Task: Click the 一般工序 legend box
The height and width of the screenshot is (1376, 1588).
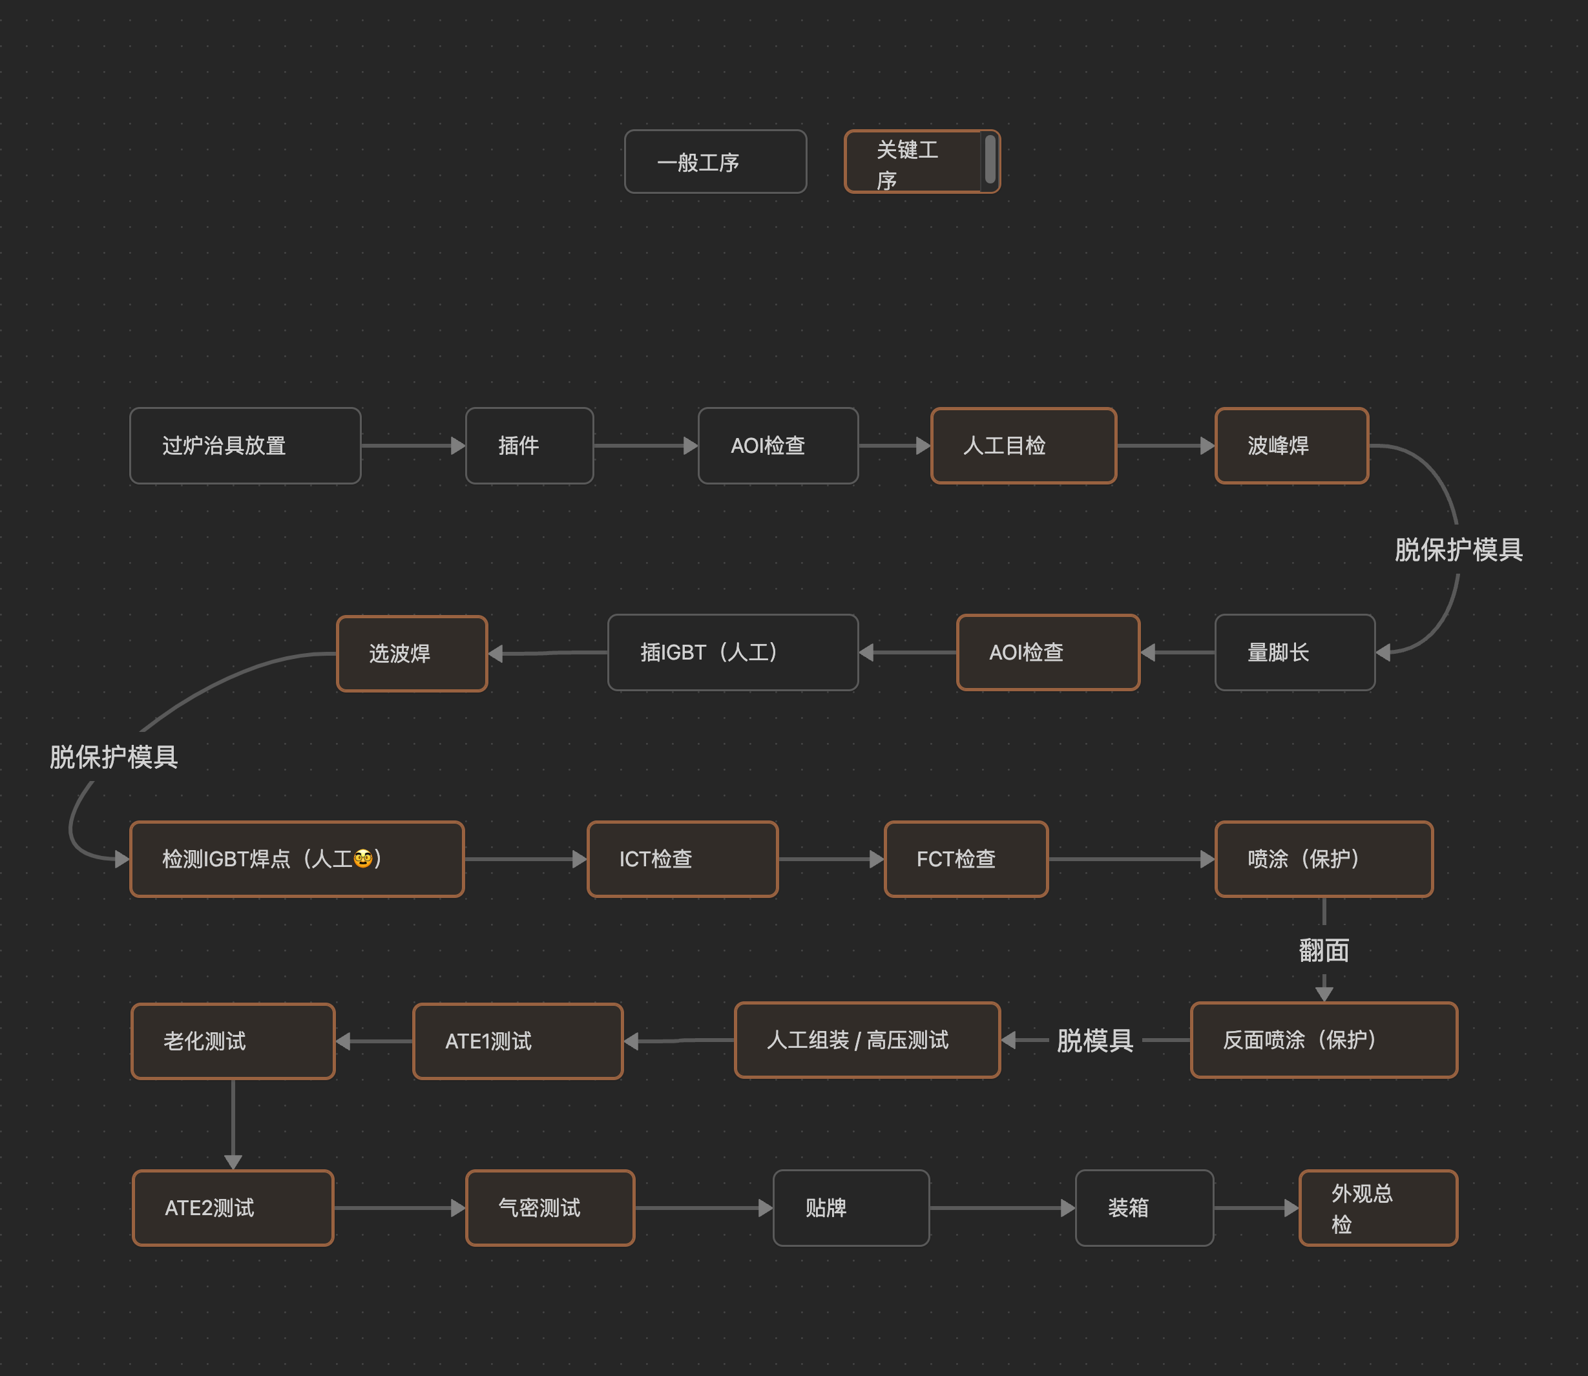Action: (x=715, y=162)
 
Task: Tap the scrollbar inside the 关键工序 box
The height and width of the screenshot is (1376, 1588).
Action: (x=990, y=160)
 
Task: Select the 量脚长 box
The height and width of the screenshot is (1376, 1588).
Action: (x=1295, y=652)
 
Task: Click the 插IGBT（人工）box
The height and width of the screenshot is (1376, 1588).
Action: (x=733, y=652)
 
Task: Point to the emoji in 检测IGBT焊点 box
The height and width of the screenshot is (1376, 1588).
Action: (x=363, y=859)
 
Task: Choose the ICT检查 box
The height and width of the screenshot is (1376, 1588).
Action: (x=682, y=859)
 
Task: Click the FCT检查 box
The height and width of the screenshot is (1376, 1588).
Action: (x=966, y=859)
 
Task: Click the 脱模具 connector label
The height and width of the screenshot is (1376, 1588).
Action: (x=1095, y=1041)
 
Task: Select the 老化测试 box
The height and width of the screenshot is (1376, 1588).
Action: (x=233, y=1041)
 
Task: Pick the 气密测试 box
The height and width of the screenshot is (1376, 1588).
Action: (x=550, y=1208)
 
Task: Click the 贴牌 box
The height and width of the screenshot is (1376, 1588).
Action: (x=851, y=1208)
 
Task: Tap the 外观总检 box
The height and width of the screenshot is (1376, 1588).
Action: (x=1377, y=1208)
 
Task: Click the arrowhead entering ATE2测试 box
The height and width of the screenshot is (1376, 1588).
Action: (x=233, y=1162)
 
